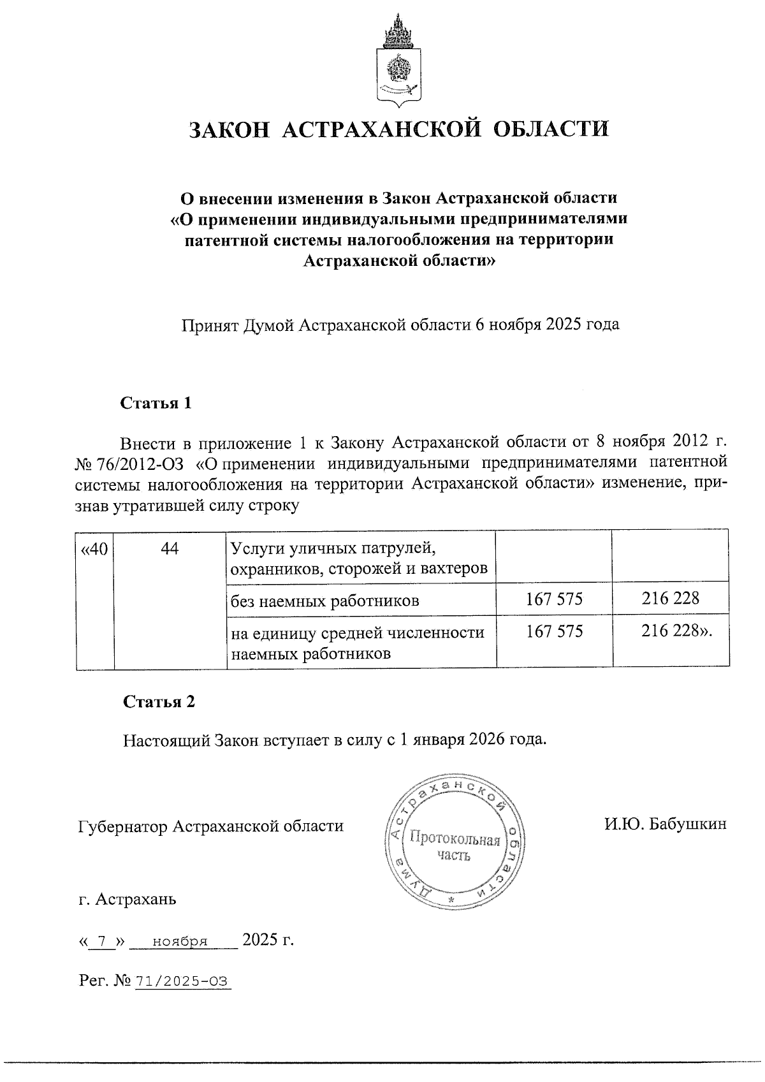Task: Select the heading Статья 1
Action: [x=156, y=404]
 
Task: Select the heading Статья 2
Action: [x=159, y=702]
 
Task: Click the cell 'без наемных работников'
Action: [x=325, y=600]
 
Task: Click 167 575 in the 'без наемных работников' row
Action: [x=554, y=599]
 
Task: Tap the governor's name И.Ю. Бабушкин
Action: [x=666, y=825]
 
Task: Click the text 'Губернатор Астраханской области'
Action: [x=210, y=826]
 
